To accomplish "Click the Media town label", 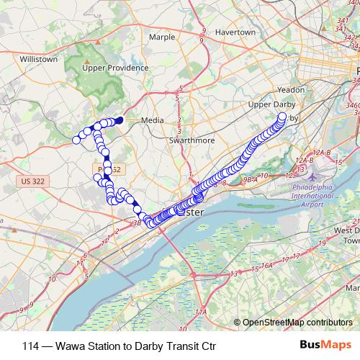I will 153,120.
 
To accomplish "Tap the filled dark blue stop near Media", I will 120,120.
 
